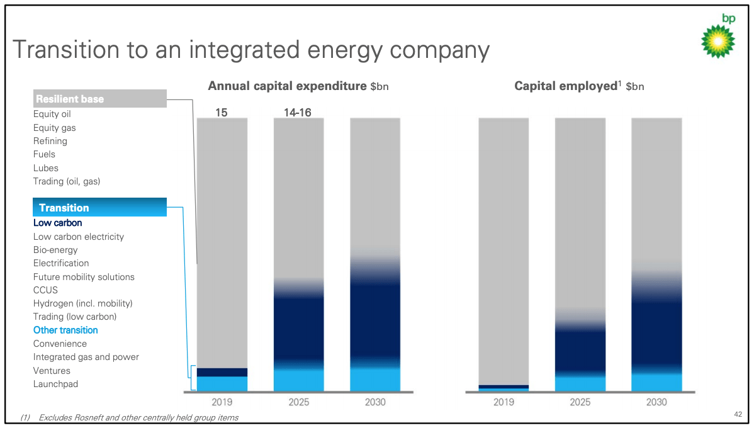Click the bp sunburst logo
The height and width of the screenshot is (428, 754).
(x=718, y=40)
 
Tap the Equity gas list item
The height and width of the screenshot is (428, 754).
(x=55, y=128)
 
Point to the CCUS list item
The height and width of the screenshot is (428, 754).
(x=45, y=290)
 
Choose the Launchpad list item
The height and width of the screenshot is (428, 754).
(x=56, y=384)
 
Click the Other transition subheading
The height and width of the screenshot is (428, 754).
(x=65, y=330)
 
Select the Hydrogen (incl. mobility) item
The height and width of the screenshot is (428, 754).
(x=82, y=303)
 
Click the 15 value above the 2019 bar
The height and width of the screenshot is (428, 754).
(x=222, y=113)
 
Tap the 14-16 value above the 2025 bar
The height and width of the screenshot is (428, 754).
(x=298, y=113)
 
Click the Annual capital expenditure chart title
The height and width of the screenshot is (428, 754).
(x=298, y=86)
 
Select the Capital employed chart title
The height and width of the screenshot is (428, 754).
(x=579, y=86)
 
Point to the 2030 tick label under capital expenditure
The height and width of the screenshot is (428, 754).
(x=375, y=402)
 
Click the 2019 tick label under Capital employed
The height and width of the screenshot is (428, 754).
(x=504, y=402)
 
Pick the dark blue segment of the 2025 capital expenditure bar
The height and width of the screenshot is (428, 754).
(x=298, y=327)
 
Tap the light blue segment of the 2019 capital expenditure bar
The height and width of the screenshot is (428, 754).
(x=222, y=384)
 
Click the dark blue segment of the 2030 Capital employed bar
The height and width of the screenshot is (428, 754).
(x=656, y=334)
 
